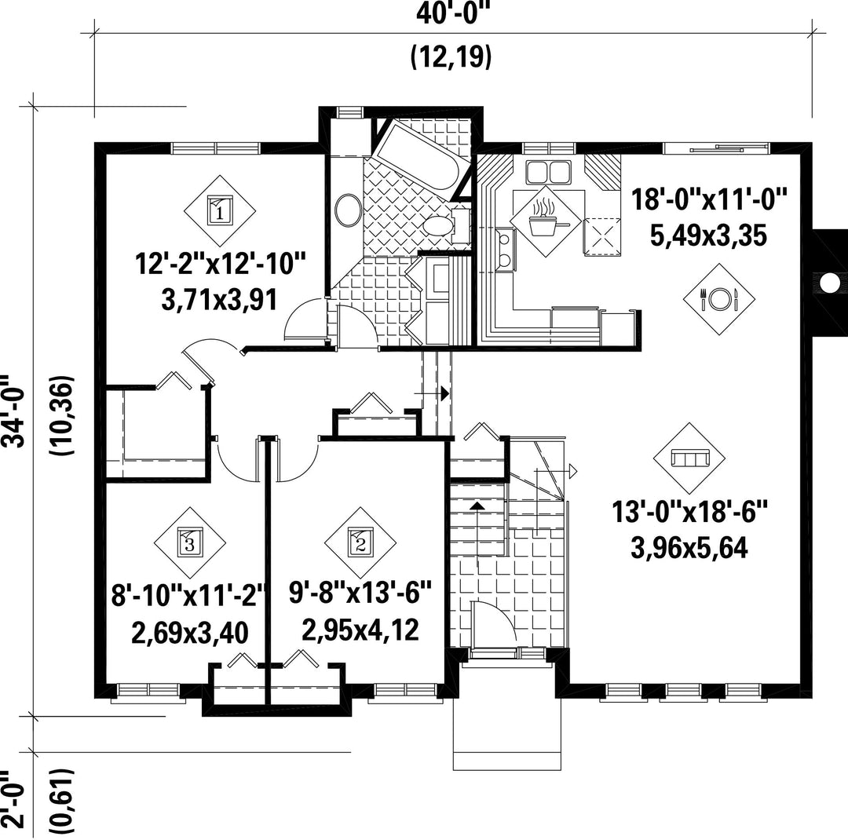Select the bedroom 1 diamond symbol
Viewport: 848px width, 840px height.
click(220, 210)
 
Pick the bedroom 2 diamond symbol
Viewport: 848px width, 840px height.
click(360, 542)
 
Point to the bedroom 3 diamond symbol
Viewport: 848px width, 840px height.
click(190, 542)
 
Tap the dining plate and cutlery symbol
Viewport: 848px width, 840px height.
click(718, 298)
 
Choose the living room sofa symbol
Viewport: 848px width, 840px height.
click(689, 458)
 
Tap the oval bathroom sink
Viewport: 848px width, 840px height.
click(349, 210)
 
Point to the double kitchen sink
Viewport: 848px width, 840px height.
click(548, 173)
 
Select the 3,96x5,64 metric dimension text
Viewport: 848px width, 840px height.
click(689, 548)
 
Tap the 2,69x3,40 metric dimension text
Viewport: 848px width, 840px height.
click(190, 632)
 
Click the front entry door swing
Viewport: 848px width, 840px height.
click(493, 623)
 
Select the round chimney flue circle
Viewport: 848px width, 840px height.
click(828, 282)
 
